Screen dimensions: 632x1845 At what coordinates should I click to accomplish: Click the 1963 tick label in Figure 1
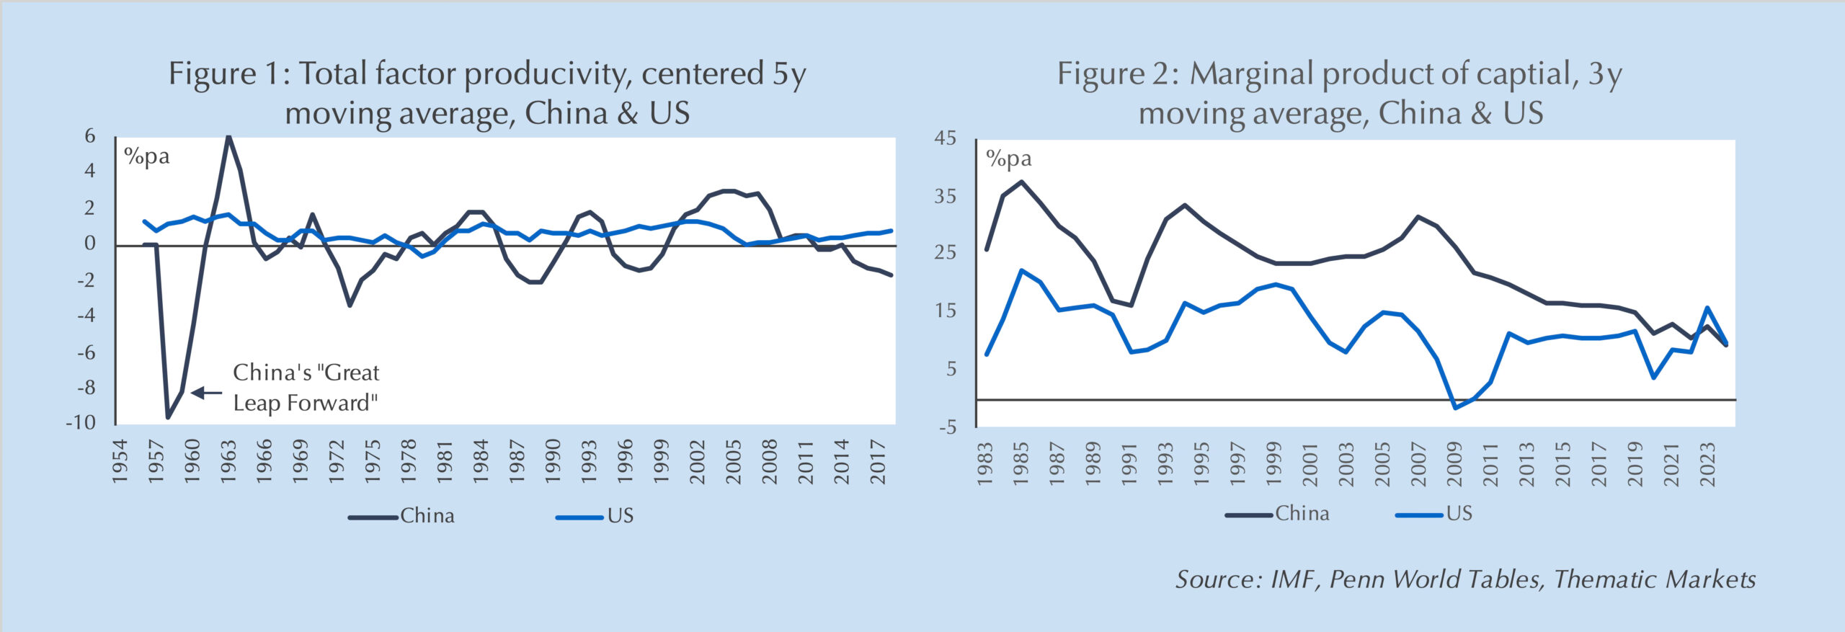[x=228, y=461]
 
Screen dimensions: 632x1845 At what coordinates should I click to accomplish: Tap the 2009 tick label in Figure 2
[x=1454, y=464]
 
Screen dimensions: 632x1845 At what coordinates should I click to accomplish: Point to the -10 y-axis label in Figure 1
[x=81, y=423]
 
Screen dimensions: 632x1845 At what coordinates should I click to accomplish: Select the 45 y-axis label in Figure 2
[x=945, y=138]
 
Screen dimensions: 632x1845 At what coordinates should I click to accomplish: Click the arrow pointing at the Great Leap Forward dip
[x=207, y=393]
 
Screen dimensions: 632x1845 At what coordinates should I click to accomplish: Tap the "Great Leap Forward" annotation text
[x=306, y=388]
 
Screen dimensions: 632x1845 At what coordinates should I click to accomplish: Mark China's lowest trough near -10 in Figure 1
[x=168, y=417]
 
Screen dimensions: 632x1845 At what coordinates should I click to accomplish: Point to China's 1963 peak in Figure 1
[x=228, y=136]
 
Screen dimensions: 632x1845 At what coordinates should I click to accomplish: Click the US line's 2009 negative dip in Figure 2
[x=1455, y=408]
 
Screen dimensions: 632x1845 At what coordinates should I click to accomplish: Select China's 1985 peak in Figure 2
[x=1021, y=182]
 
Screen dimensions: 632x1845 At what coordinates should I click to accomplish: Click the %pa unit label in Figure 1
[x=146, y=156]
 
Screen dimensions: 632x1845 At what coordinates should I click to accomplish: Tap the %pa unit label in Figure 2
[x=1008, y=159]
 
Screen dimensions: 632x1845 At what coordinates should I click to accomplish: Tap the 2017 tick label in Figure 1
[x=878, y=461]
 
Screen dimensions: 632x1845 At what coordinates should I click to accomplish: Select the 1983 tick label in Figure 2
[x=985, y=464]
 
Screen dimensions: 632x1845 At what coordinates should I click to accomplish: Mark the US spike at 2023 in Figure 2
[x=1707, y=308]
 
